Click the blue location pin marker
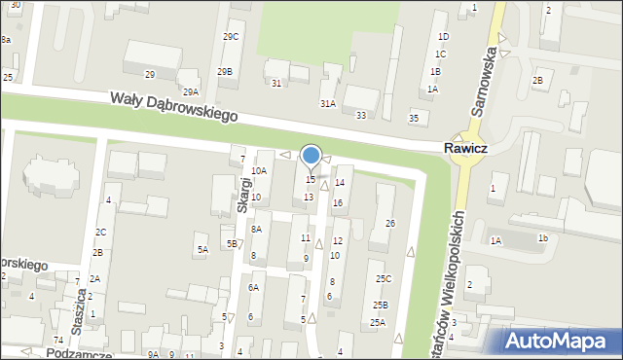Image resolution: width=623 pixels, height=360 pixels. pos(311,156)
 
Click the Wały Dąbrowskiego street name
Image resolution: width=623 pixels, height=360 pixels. pos(173,106)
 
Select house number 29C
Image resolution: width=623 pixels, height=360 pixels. pos(231,36)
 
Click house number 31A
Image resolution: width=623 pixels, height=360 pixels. pos(328,103)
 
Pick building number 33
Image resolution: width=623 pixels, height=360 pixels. pos(361,115)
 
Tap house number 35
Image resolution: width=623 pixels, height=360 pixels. pos(414,118)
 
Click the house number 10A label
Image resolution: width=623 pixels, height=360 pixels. pos(258,170)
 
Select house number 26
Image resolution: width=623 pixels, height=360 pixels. pos(390,224)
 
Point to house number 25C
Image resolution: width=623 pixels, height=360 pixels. pos(384,279)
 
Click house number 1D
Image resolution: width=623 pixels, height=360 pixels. pos(443,36)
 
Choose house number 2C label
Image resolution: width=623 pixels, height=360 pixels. pos(100,232)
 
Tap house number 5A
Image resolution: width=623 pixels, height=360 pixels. pos(202,250)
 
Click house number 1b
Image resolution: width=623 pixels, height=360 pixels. pos(543,237)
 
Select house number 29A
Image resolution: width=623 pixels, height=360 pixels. pos(191,91)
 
